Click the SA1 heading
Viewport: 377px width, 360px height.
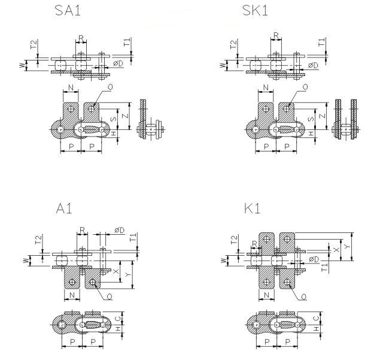[68, 11]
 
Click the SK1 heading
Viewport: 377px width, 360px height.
[255, 11]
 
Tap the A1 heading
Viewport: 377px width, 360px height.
[64, 208]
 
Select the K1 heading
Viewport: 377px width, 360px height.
[252, 208]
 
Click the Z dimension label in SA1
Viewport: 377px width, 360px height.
[126, 116]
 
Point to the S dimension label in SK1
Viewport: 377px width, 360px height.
[311, 119]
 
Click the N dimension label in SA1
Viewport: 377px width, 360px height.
[71, 88]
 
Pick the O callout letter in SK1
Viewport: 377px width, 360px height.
[305, 87]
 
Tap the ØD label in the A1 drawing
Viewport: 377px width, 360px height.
[120, 230]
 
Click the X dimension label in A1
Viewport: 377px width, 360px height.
[116, 271]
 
